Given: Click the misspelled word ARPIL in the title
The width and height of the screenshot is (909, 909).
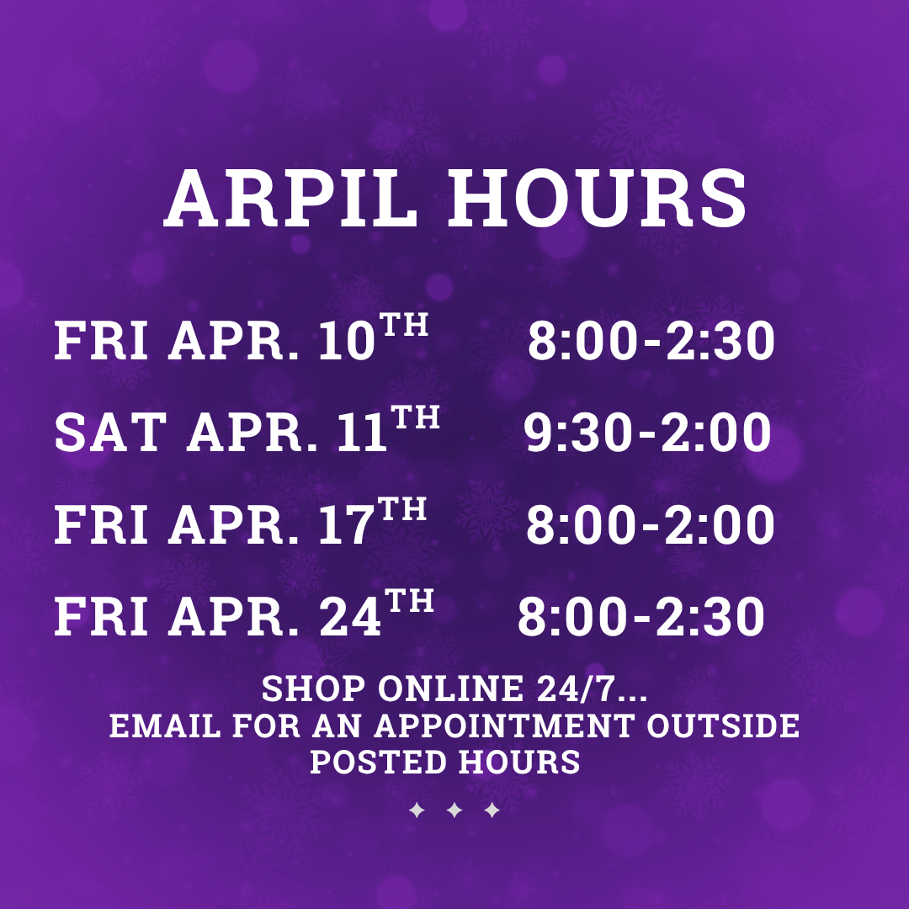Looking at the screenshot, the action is [x=290, y=199].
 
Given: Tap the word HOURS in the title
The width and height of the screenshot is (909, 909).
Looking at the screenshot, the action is [x=597, y=199].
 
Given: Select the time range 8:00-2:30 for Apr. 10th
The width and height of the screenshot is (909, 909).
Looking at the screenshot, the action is [x=651, y=341].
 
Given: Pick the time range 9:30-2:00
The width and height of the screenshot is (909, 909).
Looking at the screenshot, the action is [x=647, y=433].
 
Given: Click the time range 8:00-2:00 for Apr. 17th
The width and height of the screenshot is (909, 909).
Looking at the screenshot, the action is [x=650, y=524].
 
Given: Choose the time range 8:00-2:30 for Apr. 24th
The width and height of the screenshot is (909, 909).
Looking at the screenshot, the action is [x=641, y=616].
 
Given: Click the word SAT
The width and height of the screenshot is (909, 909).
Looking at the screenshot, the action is [x=110, y=433].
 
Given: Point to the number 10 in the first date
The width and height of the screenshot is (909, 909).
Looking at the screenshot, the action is [x=347, y=341].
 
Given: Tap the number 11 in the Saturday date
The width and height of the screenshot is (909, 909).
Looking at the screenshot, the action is [x=362, y=433].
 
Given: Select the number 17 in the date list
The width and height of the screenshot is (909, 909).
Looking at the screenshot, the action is [x=346, y=524].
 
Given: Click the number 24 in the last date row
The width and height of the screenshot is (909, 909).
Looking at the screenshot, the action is [x=350, y=616].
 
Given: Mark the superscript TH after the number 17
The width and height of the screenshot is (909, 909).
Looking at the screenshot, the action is [x=401, y=509].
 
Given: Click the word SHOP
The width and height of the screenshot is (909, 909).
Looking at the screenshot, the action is [x=314, y=688].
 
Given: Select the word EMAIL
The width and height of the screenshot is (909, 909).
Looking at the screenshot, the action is [x=165, y=726].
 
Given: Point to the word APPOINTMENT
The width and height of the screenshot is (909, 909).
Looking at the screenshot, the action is [x=504, y=726].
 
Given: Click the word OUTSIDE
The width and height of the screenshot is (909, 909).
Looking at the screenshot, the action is [x=723, y=726].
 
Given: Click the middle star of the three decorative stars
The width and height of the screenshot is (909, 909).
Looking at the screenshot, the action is [x=454, y=810].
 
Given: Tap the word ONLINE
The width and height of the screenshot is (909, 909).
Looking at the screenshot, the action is [x=450, y=688].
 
